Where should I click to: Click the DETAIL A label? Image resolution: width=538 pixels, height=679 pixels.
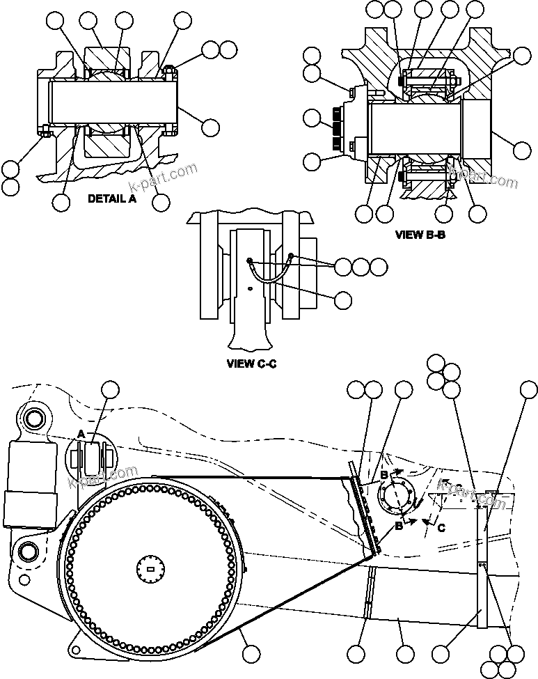coord(112,198)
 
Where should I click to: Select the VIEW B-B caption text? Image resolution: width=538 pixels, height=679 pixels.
coord(420,235)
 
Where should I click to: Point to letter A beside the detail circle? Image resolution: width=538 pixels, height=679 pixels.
coord(81,434)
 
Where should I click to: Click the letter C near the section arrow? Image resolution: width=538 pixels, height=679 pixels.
coord(441,527)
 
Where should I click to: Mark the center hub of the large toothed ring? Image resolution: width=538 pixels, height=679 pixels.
coord(151,570)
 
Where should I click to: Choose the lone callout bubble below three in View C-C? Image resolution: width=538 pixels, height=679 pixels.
coord(342,300)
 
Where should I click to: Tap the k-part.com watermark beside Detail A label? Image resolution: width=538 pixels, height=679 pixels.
coord(164,178)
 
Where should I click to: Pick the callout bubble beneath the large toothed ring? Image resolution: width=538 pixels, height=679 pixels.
coord(251,653)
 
